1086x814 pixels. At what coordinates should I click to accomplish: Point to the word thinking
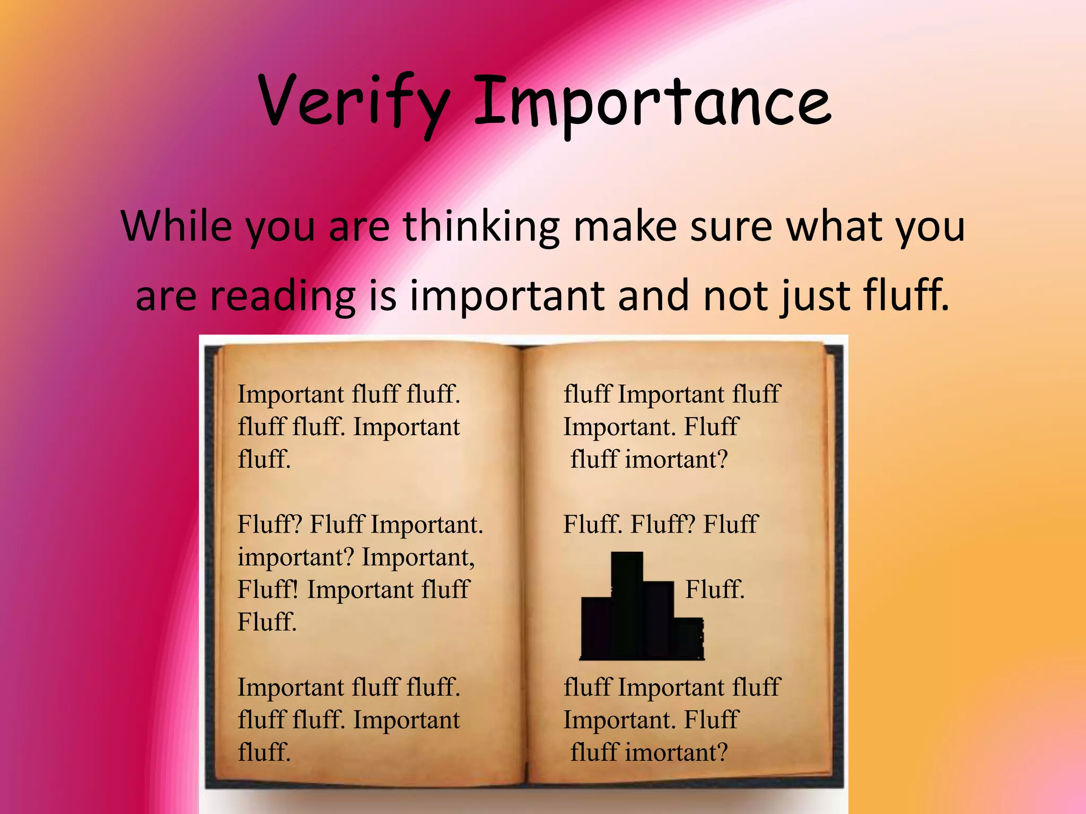pos(481,226)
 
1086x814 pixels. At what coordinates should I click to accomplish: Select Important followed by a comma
pos(418,557)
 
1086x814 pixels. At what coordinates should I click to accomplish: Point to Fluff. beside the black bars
pos(715,589)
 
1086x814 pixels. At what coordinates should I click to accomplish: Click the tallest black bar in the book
pos(627,604)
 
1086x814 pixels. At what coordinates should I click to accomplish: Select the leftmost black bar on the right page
pos(596,627)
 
